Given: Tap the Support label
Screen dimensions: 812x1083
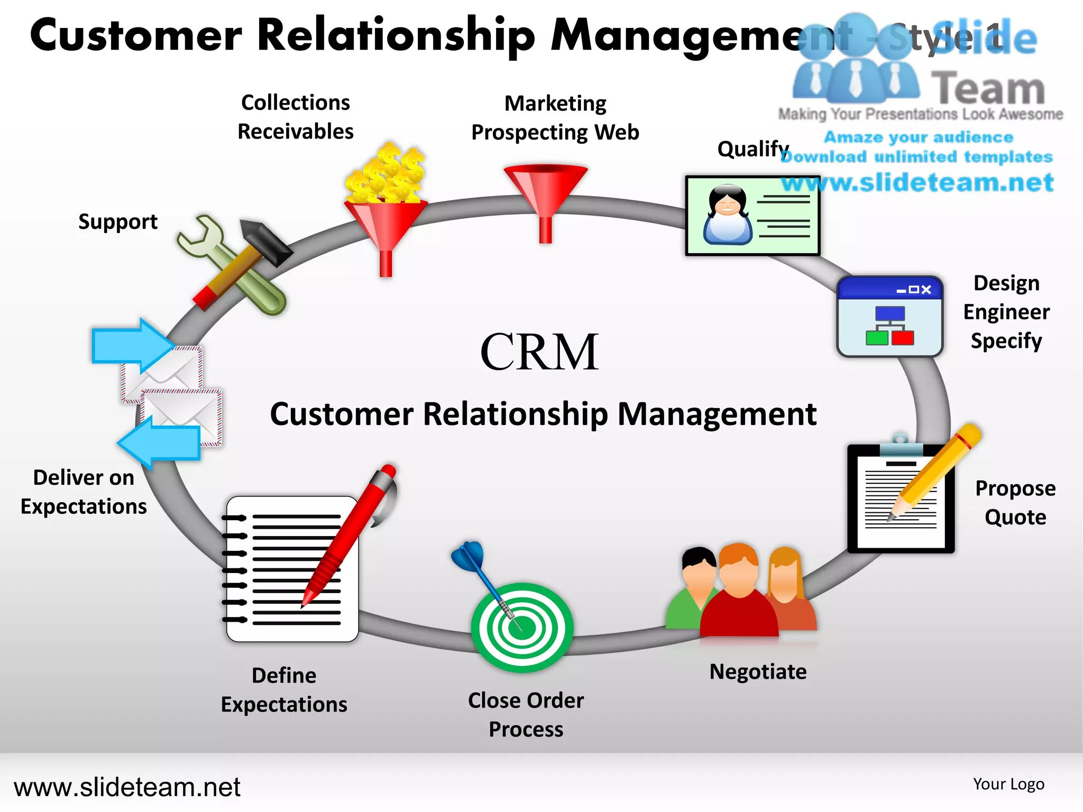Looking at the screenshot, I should (x=117, y=222).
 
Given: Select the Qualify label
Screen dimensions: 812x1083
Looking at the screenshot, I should (x=752, y=149).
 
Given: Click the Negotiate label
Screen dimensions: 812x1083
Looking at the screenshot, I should (x=758, y=671).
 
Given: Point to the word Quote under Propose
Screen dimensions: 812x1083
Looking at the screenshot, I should (x=1015, y=516).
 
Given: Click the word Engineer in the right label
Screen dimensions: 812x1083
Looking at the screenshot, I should (x=1006, y=312).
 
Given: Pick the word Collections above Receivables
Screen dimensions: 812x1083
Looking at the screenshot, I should (x=295, y=103).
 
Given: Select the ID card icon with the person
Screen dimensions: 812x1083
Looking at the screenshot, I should (x=752, y=216).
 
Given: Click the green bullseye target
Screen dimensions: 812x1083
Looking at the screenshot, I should (x=522, y=628).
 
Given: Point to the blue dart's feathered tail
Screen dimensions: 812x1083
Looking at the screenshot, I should (x=468, y=555).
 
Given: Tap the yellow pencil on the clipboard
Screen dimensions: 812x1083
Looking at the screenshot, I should (x=936, y=470).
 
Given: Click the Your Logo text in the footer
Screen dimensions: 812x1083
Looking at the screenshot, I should (x=1008, y=784).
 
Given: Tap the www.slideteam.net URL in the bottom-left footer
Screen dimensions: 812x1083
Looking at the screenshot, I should (x=127, y=787).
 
